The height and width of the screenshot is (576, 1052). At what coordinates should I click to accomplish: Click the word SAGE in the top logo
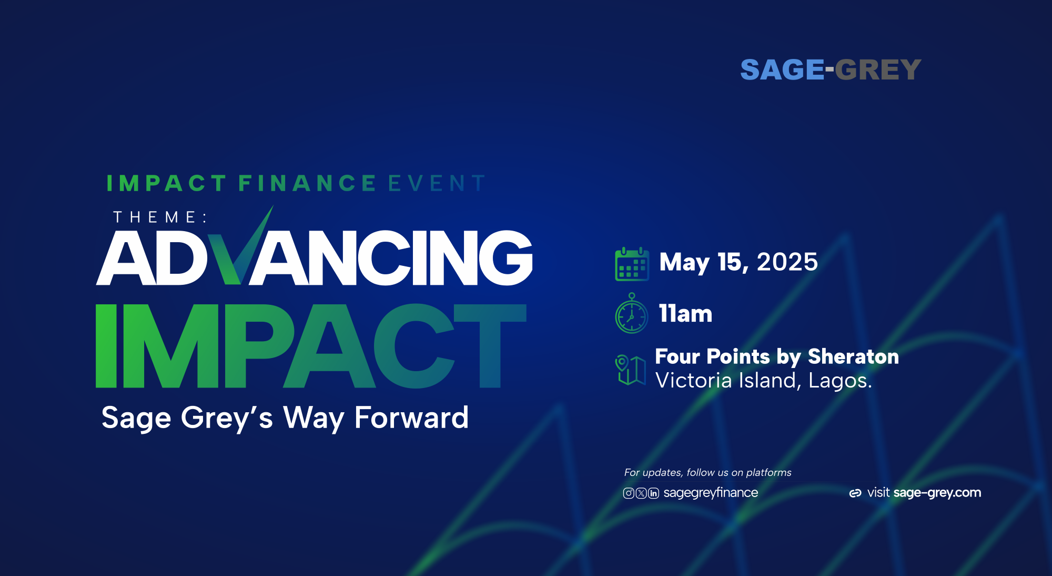pos(782,69)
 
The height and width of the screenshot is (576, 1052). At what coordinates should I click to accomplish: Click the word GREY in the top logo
pos(878,69)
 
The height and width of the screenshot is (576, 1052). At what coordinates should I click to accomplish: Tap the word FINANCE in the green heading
pos(307,183)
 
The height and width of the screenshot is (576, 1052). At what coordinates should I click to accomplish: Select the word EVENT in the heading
pos(437,183)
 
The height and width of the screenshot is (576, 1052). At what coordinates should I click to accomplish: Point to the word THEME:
pos(160,217)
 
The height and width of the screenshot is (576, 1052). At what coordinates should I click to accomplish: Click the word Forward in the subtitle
pos(411,418)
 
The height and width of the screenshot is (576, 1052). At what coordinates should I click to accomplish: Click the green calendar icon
pos(632,264)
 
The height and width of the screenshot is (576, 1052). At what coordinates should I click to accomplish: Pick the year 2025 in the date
pos(787,262)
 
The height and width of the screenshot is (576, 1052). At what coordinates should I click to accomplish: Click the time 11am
pos(685,313)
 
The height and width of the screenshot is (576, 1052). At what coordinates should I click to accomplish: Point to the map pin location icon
pos(630,370)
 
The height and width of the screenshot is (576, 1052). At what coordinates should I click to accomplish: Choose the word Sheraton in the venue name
pos(853,356)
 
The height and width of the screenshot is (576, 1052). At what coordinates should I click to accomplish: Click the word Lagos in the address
pos(839,381)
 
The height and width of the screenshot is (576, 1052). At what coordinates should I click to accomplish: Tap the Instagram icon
pos(628,493)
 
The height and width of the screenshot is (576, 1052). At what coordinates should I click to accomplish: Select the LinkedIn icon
pos(653,493)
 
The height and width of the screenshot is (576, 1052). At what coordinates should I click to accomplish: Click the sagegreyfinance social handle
pos(711,493)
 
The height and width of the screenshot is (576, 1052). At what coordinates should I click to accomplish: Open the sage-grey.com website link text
pos(937,493)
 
